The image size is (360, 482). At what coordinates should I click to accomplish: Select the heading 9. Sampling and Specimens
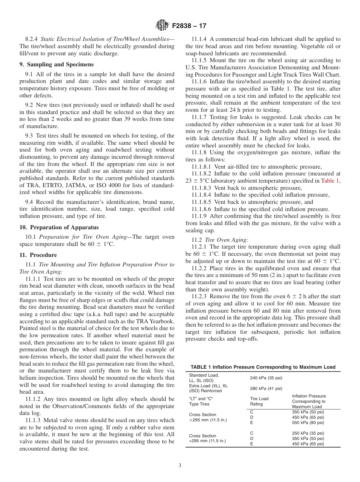point(56,65)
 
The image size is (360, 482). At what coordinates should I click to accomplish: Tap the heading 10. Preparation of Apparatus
point(59,227)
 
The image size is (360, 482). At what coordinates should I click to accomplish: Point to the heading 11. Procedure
point(38,255)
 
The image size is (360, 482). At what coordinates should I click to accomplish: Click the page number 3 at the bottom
point(180,466)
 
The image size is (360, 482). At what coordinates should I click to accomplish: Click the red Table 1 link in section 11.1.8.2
point(330,181)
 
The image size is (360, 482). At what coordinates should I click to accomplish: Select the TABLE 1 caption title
point(263,367)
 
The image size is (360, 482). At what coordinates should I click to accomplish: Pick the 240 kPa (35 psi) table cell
point(266,378)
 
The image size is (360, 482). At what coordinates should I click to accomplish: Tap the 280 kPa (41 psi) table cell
point(266,388)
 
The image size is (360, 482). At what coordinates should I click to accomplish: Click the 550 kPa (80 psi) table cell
point(308,423)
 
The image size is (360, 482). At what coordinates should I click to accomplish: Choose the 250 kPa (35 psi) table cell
point(308,433)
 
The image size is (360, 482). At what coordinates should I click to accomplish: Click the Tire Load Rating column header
point(259,401)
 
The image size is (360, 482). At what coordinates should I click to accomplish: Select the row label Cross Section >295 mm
point(202,438)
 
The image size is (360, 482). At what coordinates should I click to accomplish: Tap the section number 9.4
point(29,202)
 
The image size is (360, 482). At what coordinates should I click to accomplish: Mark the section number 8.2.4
point(32,39)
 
